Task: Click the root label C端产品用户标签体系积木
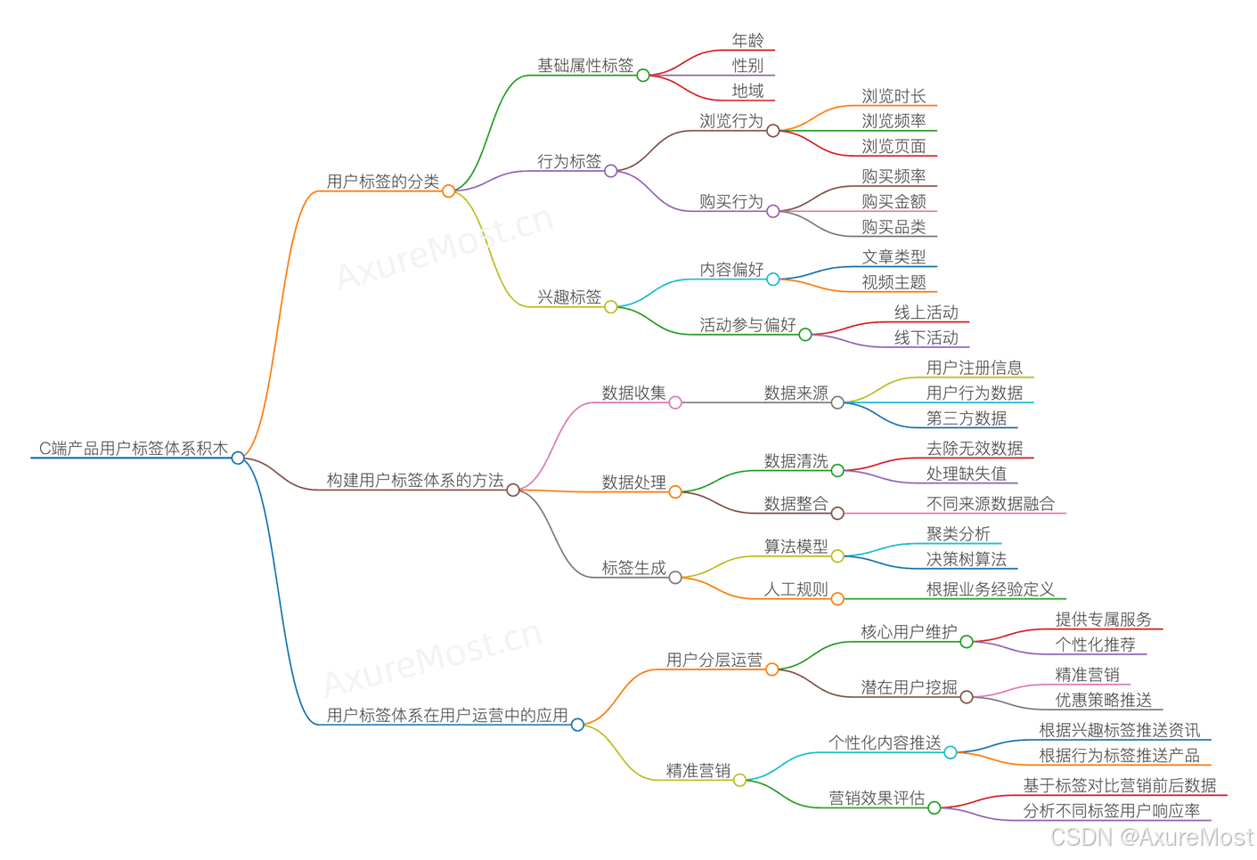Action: click(134, 449)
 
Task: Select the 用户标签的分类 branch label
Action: click(383, 182)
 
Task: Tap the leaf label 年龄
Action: click(747, 40)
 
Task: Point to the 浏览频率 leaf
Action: click(894, 121)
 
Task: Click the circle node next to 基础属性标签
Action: click(643, 76)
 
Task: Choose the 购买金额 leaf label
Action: click(894, 202)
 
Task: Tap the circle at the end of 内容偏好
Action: click(773, 280)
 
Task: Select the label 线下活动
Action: click(926, 338)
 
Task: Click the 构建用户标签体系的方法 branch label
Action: click(415, 481)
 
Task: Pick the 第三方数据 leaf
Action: click(967, 418)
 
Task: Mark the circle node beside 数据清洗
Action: click(837, 470)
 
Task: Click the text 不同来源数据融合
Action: click(991, 504)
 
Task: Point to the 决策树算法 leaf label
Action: click(967, 559)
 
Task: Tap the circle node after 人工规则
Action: click(837, 599)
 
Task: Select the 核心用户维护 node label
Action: click(909, 632)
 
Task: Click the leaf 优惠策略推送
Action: click(1104, 701)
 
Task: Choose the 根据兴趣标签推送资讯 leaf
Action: click(1120, 730)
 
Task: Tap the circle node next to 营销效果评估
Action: click(935, 808)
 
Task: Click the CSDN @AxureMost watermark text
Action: click(1152, 837)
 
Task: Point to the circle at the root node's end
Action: click(238, 458)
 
